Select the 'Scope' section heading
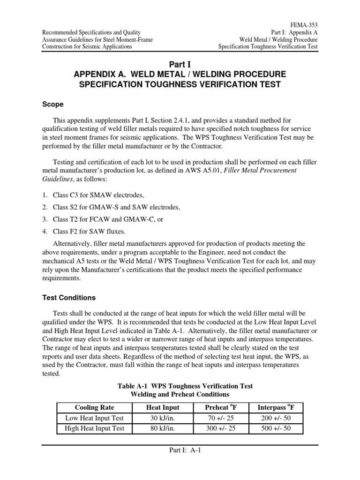pos(53,104)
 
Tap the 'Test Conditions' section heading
pos(69,297)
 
